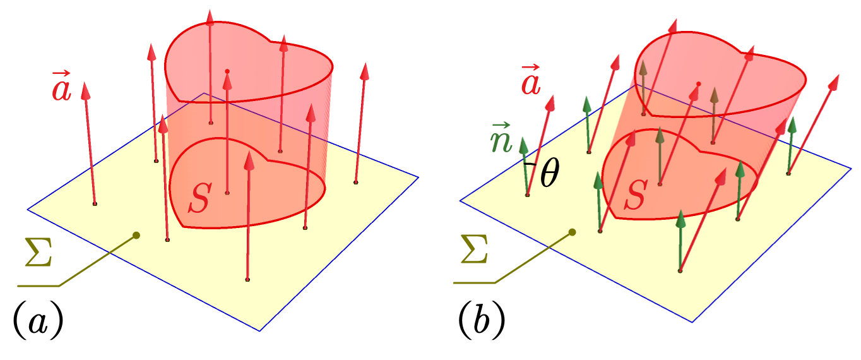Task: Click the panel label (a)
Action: point(39,320)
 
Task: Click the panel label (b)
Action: point(482,320)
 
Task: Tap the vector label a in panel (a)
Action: point(61,86)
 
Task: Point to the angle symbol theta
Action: point(550,174)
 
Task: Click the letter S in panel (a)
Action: point(200,198)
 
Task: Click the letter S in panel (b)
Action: point(636,195)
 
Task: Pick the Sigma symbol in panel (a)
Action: point(39,252)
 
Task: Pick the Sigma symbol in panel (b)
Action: point(475,249)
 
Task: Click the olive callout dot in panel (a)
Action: point(136,236)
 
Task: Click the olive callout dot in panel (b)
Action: point(573,232)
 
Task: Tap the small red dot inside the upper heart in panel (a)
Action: point(227,71)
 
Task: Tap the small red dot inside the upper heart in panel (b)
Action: point(699,84)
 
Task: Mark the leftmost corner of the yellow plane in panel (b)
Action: point(460,200)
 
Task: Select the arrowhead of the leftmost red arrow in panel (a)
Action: point(86,91)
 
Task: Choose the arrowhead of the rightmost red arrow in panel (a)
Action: point(365,71)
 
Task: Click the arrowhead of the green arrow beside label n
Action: point(523,145)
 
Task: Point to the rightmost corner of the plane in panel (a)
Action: point(419,177)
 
